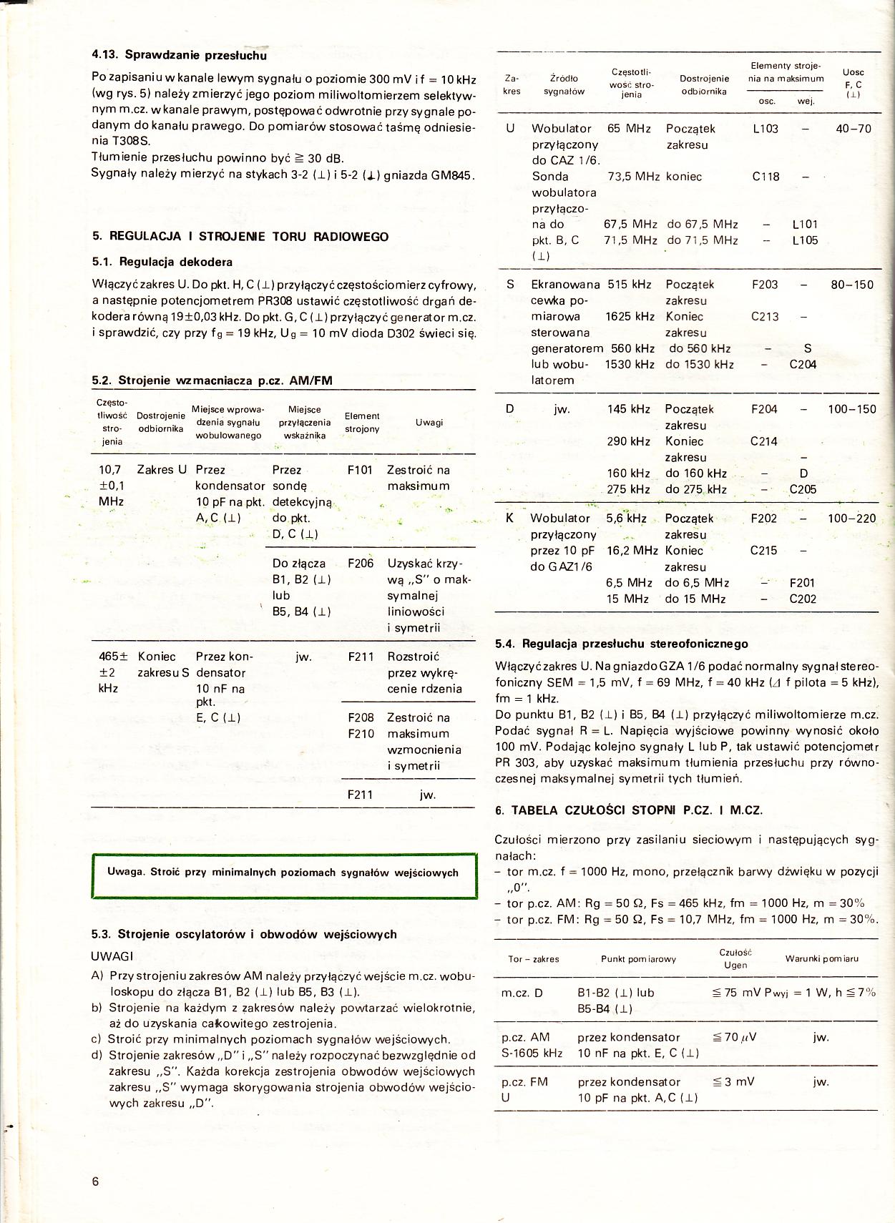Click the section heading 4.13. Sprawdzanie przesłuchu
[x=179, y=55]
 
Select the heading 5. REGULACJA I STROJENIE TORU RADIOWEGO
[x=240, y=237]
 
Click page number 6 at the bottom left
[x=96, y=1181]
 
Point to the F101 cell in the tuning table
[x=360, y=470]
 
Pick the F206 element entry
[x=361, y=563]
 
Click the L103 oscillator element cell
[x=766, y=129]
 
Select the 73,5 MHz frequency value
[x=633, y=177]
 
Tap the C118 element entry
[x=766, y=177]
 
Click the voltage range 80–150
[x=851, y=285]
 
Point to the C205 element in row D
[x=803, y=489]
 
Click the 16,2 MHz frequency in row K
[x=632, y=551]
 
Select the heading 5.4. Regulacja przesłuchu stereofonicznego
[x=621, y=644]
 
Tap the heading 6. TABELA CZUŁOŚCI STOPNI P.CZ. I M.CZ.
[x=629, y=810]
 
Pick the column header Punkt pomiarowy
[x=638, y=959]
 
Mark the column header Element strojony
[x=362, y=423]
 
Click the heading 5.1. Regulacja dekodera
[x=162, y=262]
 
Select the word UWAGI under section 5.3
[x=112, y=956]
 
